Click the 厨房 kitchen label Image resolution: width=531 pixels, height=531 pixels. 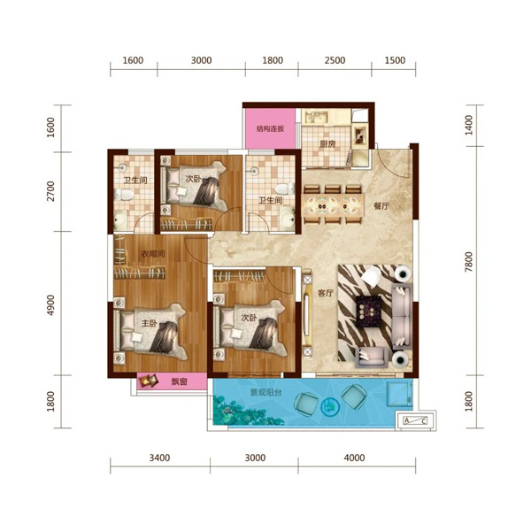[327, 144]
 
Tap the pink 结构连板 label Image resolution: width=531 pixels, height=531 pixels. [270, 128]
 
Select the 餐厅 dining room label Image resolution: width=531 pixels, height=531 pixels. [381, 206]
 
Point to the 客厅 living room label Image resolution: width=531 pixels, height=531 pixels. [326, 293]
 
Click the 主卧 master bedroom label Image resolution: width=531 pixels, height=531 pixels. [149, 323]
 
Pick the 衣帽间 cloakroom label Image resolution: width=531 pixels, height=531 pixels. [153, 254]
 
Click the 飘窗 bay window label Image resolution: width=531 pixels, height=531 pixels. [179, 382]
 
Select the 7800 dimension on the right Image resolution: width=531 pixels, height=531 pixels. [468, 262]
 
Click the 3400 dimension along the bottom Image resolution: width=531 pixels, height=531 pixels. [159, 458]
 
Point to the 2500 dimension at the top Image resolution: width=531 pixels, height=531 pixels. [335, 60]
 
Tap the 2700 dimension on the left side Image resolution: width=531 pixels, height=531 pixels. [50, 191]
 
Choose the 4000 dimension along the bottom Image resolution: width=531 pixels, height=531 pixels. [354, 458]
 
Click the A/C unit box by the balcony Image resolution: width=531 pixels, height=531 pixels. [416, 421]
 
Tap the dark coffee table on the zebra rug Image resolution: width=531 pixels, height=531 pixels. [368, 312]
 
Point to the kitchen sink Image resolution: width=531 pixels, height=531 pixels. [316, 118]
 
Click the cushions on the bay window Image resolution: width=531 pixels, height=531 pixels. [149, 381]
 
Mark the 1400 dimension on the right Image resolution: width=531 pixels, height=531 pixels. [468, 125]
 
